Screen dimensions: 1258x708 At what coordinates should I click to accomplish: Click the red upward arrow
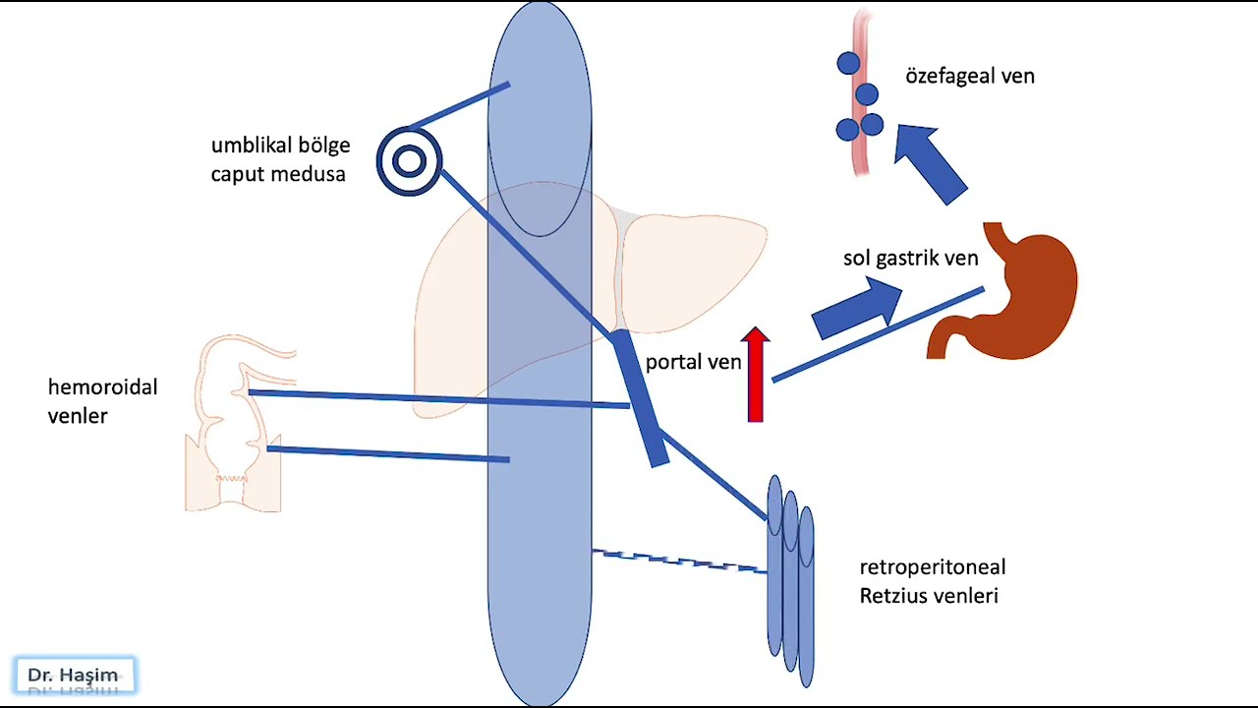click(x=756, y=375)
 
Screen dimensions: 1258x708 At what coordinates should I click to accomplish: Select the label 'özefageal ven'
click(x=970, y=76)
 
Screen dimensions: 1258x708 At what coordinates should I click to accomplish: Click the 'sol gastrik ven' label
click(x=910, y=258)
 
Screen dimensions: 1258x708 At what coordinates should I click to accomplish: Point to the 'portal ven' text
click(x=693, y=362)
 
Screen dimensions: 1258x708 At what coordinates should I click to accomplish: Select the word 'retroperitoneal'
click(x=933, y=567)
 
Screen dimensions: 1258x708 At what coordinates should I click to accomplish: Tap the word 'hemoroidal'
click(x=103, y=387)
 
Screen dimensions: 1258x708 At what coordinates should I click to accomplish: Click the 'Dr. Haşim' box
click(x=76, y=675)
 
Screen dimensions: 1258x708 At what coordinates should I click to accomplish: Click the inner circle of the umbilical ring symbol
click(x=409, y=161)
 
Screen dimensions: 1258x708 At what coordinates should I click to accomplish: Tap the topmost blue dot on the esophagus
click(x=848, y=63)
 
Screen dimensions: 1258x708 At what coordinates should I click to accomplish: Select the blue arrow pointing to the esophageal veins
click(x=930, y=163)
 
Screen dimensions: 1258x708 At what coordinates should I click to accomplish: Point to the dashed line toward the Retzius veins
click(x=679, y=561)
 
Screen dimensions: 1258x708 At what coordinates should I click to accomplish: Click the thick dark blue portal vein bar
click(x=640, y=398)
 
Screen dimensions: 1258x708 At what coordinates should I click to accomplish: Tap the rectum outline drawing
click(x=233, y=423)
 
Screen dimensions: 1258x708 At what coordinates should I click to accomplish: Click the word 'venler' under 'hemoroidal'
click(x=78, y=416)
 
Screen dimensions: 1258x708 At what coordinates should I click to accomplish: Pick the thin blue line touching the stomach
click(x=879, y=334)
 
